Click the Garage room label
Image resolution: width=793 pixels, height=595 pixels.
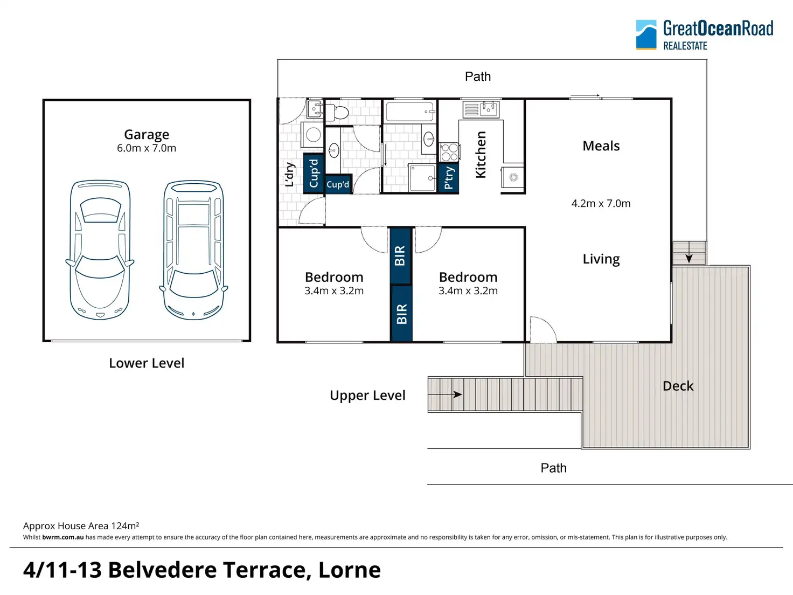point(147,135)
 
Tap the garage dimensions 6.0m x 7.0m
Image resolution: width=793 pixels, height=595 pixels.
point(147,148)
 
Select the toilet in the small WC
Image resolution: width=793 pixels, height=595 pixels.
point(337,112)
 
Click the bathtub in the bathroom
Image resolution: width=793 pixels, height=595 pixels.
point(409,111)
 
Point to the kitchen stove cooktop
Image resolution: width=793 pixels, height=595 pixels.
point(449,152)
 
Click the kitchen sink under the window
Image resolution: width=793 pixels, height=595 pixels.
point(481,109)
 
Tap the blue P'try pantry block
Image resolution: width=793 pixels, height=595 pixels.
point(448,178)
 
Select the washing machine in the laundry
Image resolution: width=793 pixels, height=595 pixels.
point(313,135)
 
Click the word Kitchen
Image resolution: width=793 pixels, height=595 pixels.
point(481,155)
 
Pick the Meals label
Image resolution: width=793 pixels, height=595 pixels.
point(601,146)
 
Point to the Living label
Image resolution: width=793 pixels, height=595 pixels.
point(601,259)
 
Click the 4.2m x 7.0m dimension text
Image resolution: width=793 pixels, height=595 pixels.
point(601,203)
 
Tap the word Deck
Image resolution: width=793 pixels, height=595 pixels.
point(678,386)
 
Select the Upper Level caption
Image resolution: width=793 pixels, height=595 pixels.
point(367,396)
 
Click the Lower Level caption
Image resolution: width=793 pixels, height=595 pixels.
point(147,363)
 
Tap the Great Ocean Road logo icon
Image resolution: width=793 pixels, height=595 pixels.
point(646,34)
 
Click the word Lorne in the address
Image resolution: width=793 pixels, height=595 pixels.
point(349,570)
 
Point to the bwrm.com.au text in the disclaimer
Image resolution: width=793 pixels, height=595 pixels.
point(63,537)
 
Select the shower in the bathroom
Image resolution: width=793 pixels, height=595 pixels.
point(422,178)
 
